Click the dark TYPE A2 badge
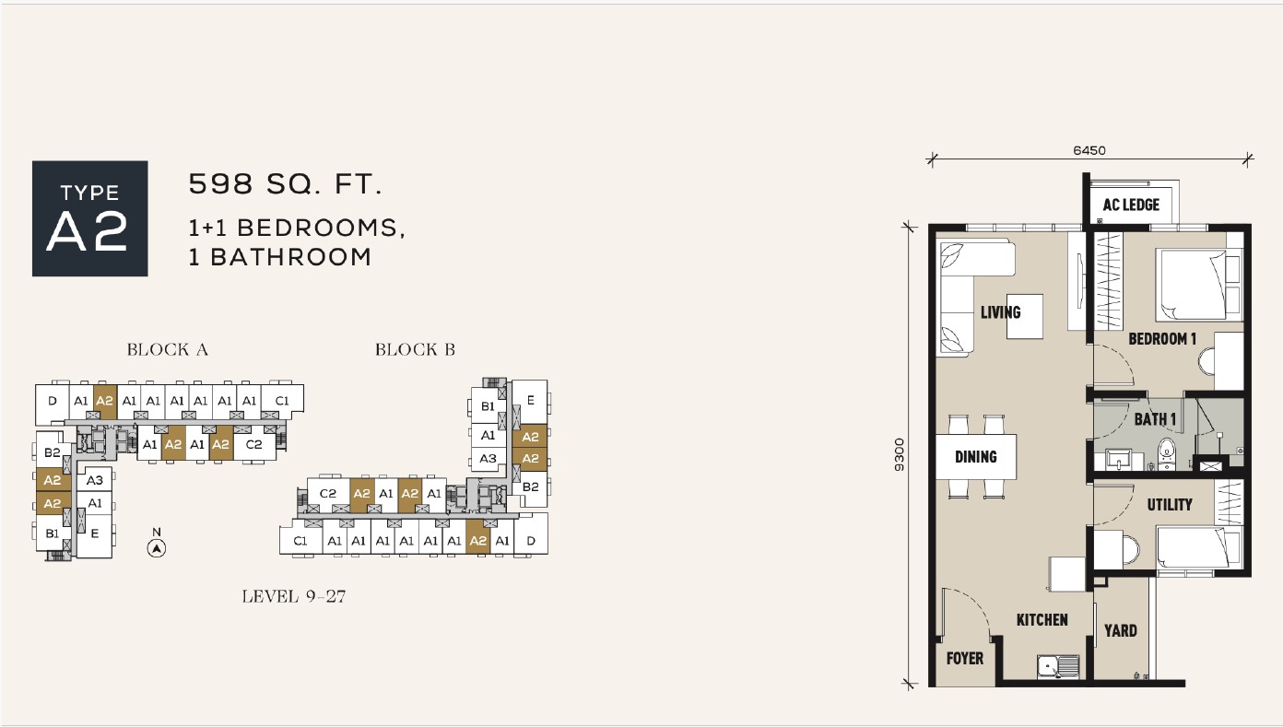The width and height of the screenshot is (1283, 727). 90,218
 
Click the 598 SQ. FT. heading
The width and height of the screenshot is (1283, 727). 285,183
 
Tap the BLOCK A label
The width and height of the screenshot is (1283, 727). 167,349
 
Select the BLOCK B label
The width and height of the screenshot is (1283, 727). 416,349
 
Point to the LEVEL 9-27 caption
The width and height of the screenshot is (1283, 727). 294,596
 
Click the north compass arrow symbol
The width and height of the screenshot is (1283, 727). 157,548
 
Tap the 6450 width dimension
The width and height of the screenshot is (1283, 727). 1089,150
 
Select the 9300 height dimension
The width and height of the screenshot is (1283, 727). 900,454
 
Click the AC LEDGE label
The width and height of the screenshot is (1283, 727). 1131,205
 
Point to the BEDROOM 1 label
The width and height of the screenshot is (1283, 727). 1162,339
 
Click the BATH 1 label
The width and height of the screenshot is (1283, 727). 1155,419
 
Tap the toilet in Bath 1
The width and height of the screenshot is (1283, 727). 1166,454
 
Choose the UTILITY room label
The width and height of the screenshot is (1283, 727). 1169,505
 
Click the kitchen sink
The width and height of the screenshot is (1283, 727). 1058,667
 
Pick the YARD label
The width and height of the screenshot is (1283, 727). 1121,631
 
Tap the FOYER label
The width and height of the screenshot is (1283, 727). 964,659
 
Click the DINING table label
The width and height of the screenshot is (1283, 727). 975,457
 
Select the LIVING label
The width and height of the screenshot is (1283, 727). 1000,312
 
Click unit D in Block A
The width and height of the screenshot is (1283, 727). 53,401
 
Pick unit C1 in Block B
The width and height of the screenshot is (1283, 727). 300,540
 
